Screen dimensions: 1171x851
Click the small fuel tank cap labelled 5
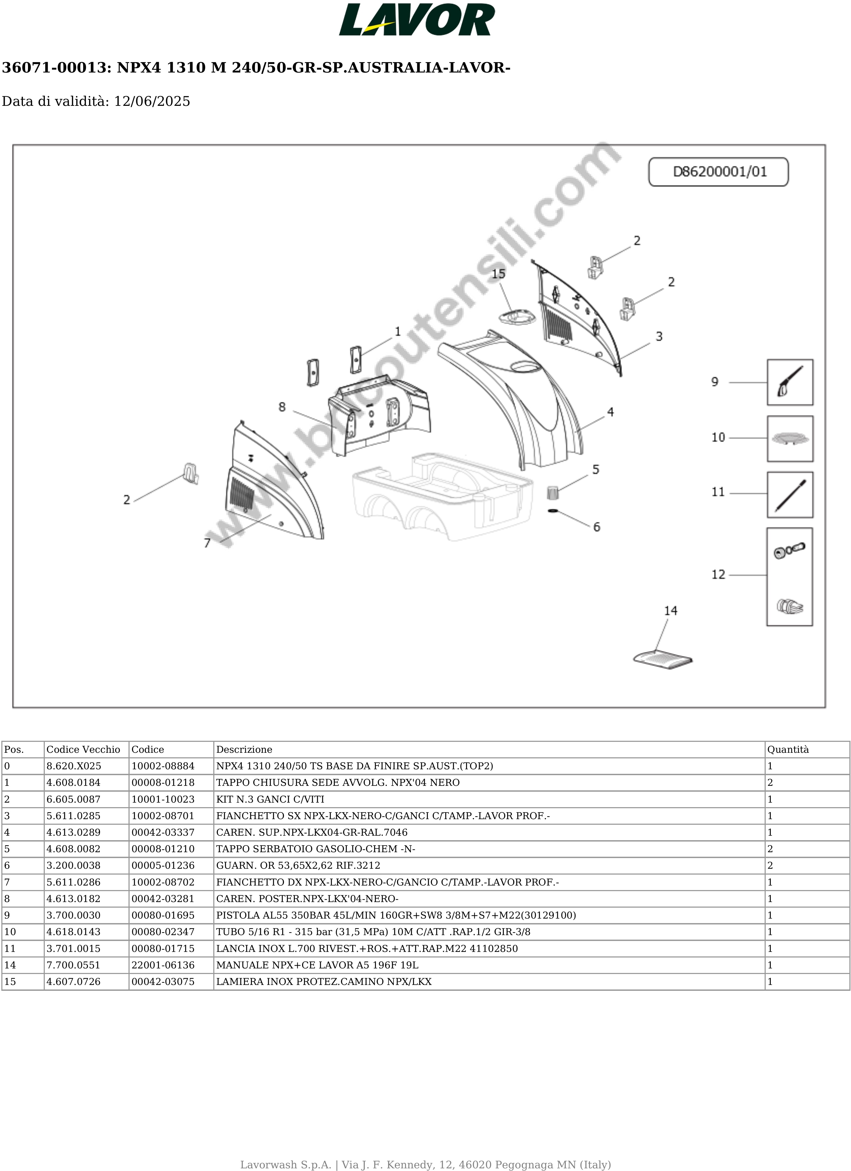552,492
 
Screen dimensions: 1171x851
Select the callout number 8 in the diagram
282,407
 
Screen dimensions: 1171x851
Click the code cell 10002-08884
163,766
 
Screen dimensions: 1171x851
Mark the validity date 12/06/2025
152,101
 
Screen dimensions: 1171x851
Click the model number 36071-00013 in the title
54,68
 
